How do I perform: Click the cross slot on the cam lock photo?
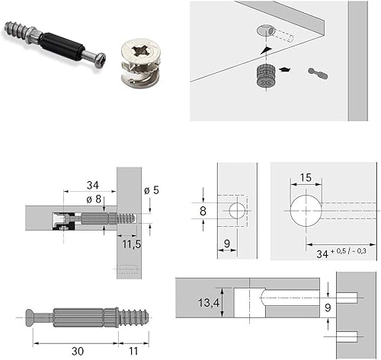tap(140, 51)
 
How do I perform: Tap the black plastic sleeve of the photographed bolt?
tap(62, 46)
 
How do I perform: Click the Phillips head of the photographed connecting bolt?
tap(101, 60)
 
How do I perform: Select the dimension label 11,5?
tap(132, 244)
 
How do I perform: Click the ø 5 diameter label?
tap(152, 190)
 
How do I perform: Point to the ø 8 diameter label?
tap(94, 199)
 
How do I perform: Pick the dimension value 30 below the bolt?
tap(78, 351)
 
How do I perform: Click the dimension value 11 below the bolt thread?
tap(133, 351)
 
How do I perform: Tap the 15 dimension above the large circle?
tap(306, 177)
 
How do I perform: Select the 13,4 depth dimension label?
tap(209, 303)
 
